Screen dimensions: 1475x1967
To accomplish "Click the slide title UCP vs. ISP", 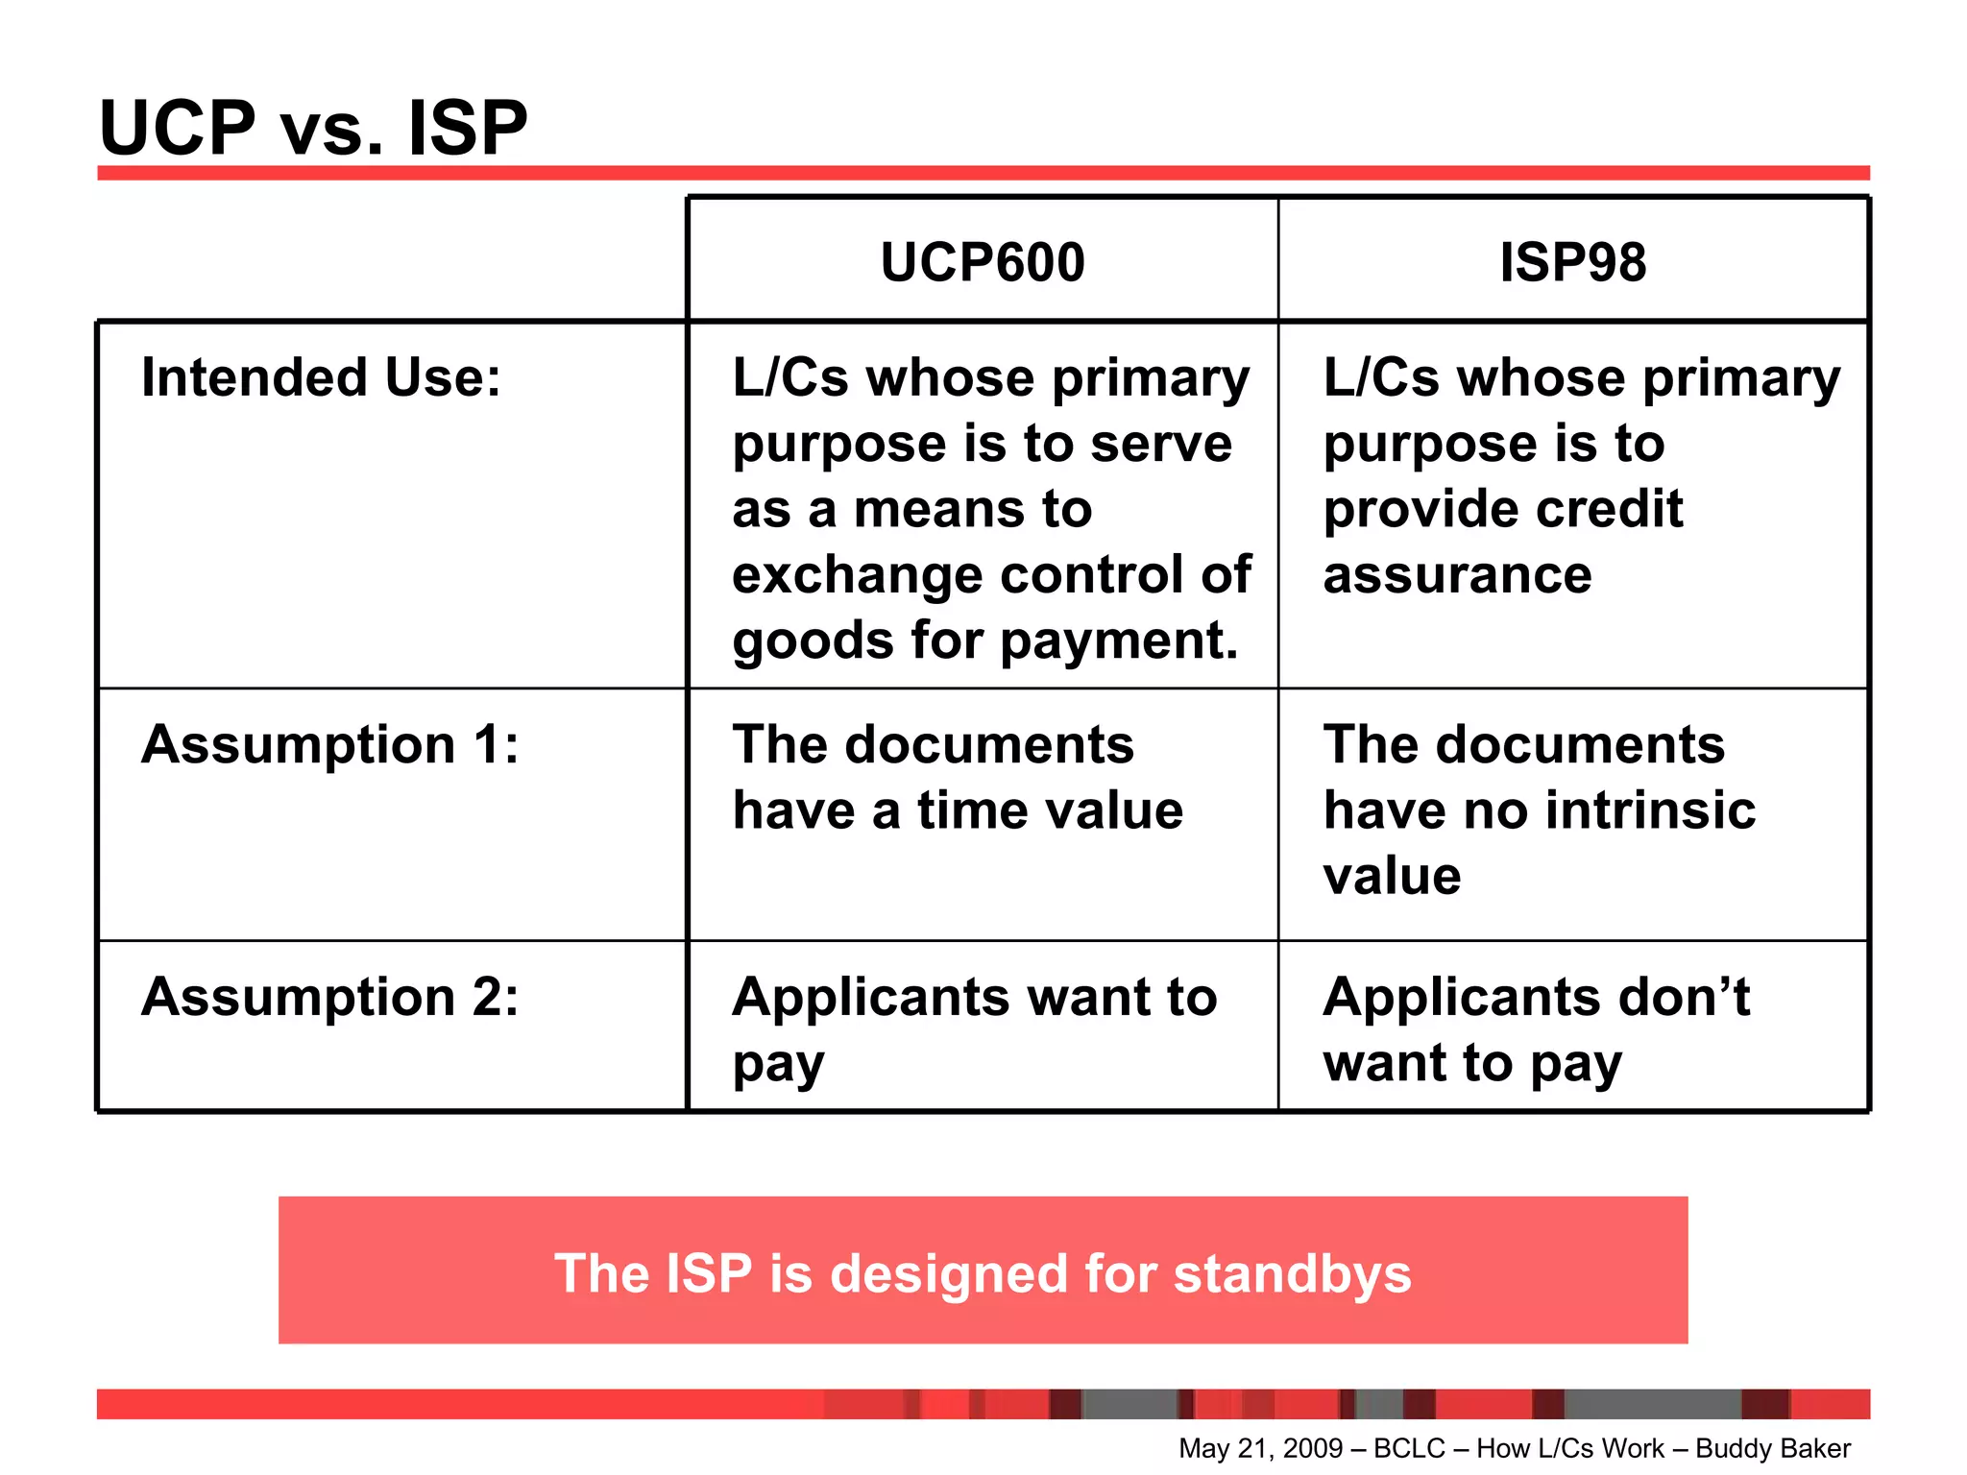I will pos(313,128).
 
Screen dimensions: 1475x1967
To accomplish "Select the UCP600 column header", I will pos(983,262).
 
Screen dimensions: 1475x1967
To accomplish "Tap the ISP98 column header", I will pos(1572,262).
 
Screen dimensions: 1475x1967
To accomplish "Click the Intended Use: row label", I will pos(321,377).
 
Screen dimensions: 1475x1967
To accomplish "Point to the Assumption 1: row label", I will pos(329,744).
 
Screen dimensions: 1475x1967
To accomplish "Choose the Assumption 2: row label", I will pos(329,997).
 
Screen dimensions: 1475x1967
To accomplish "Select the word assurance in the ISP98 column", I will pos(1457,575).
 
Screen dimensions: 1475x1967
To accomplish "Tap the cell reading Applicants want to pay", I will pos(974,1028).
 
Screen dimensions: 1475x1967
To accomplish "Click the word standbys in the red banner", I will pos(1292,1274).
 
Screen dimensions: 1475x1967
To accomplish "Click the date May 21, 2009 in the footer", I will pos(1260,1448).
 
